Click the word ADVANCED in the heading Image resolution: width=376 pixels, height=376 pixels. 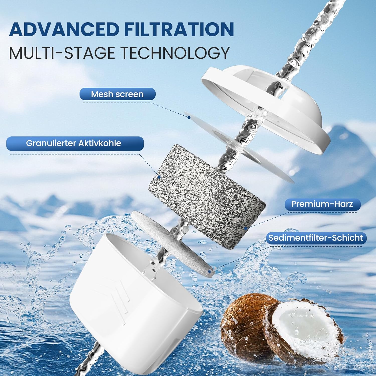(x=64, y=29)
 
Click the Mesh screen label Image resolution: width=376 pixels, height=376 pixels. (x=117, y=94)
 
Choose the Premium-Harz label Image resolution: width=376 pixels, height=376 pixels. (x=322, y=204)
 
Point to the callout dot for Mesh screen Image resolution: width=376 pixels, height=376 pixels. (x=189, y=117)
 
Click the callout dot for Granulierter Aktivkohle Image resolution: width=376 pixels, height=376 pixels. (x=159, y=177)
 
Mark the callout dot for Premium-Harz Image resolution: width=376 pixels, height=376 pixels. (x=246, y=228)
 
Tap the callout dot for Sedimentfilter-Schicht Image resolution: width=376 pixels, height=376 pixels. (x=210, y=271)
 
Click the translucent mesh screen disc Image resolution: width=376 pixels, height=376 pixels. (x=241, y=148)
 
